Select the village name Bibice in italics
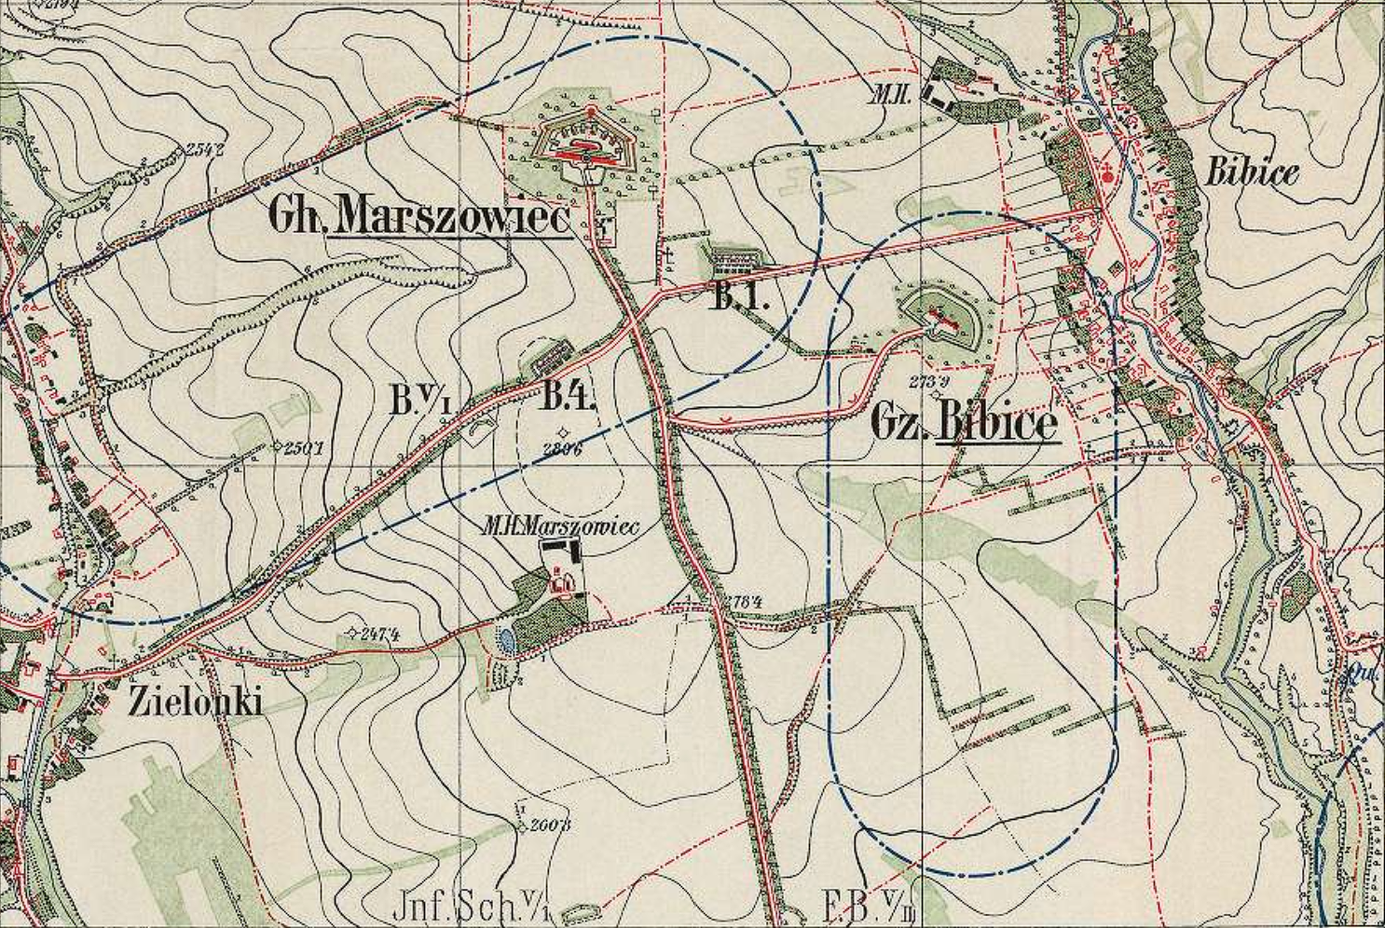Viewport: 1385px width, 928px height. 1252,171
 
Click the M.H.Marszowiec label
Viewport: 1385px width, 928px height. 559,527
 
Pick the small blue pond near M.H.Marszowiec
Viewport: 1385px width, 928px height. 506,639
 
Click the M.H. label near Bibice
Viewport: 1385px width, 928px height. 906,91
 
